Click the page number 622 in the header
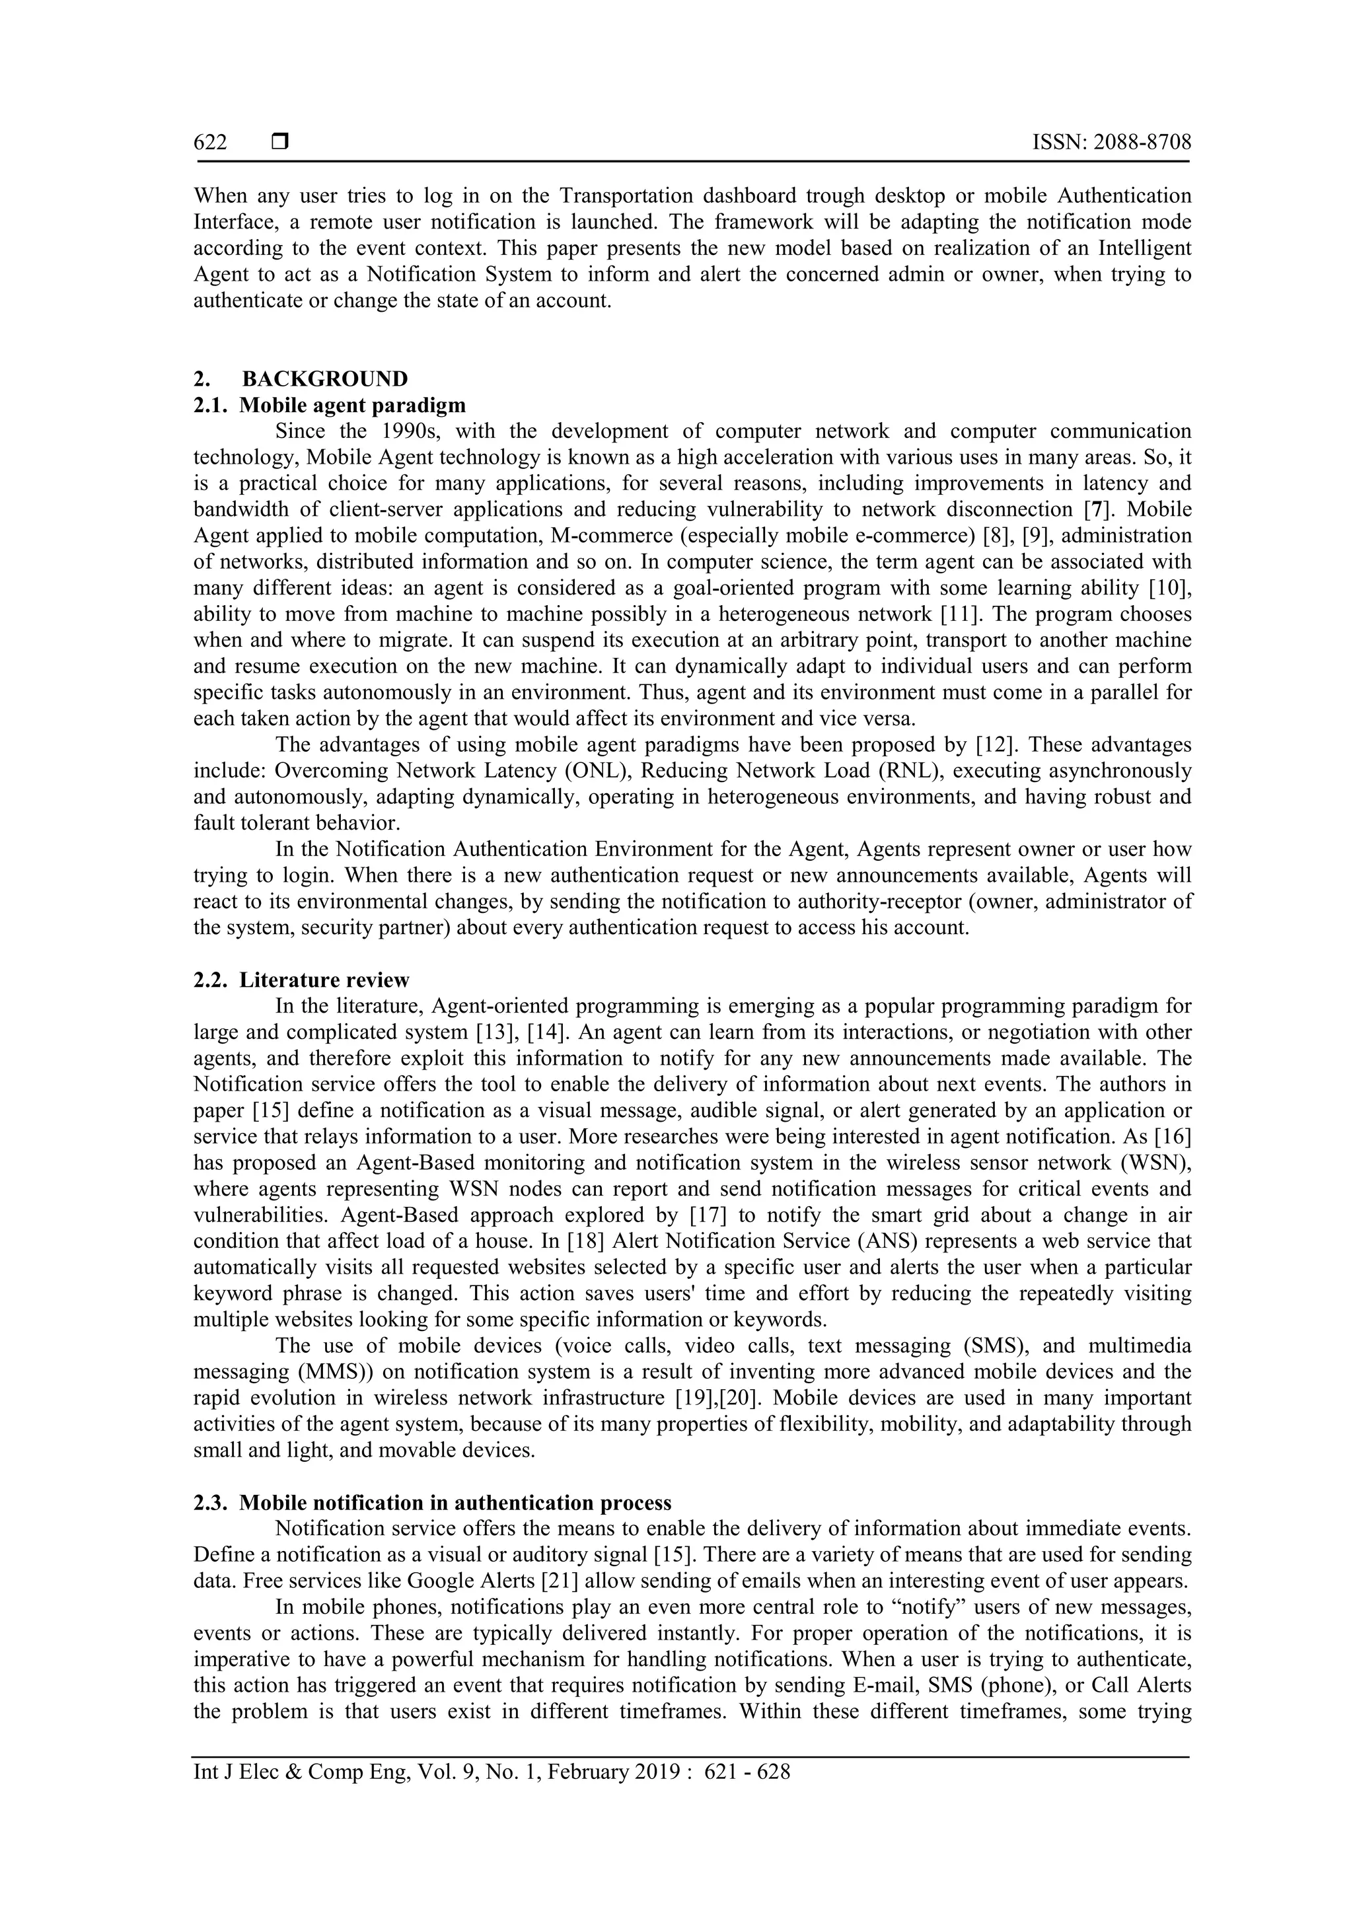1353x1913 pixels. (210, 143)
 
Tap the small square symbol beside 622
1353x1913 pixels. (280, 143)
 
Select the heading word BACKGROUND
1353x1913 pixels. (325, 379)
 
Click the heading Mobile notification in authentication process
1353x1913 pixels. (455, 1503)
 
